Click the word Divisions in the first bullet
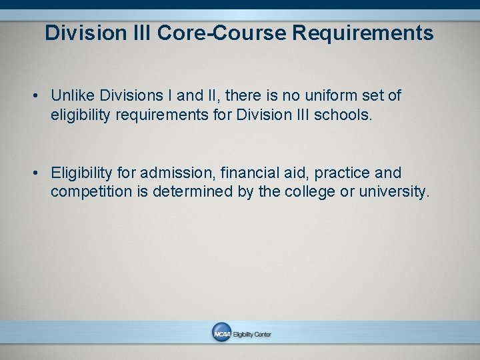coord(131,96)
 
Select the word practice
coord(342,173)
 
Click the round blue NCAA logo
coord(221,333)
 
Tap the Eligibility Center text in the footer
coord(251,334)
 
